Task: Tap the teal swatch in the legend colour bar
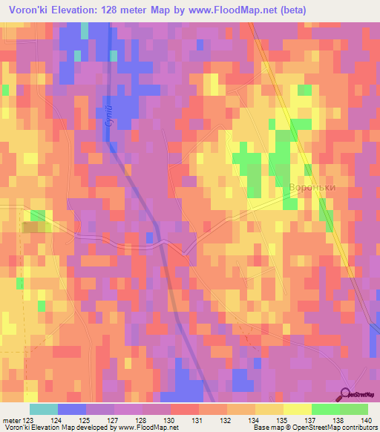(x=43, y=409)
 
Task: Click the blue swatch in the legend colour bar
(x=71, y=409)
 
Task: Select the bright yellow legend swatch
(x=297, y=409)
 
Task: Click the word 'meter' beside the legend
(x=13, y=421)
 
